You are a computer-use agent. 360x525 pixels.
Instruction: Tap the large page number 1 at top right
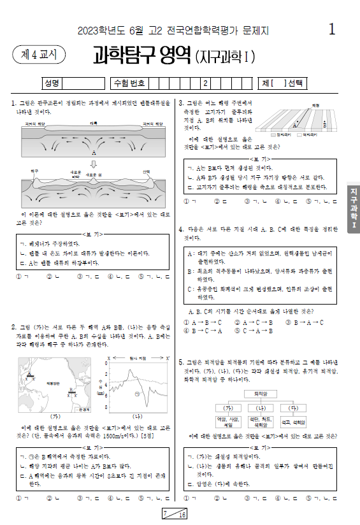click(332, 29)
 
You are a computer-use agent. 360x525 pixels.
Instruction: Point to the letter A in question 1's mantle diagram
click(94, 154)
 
